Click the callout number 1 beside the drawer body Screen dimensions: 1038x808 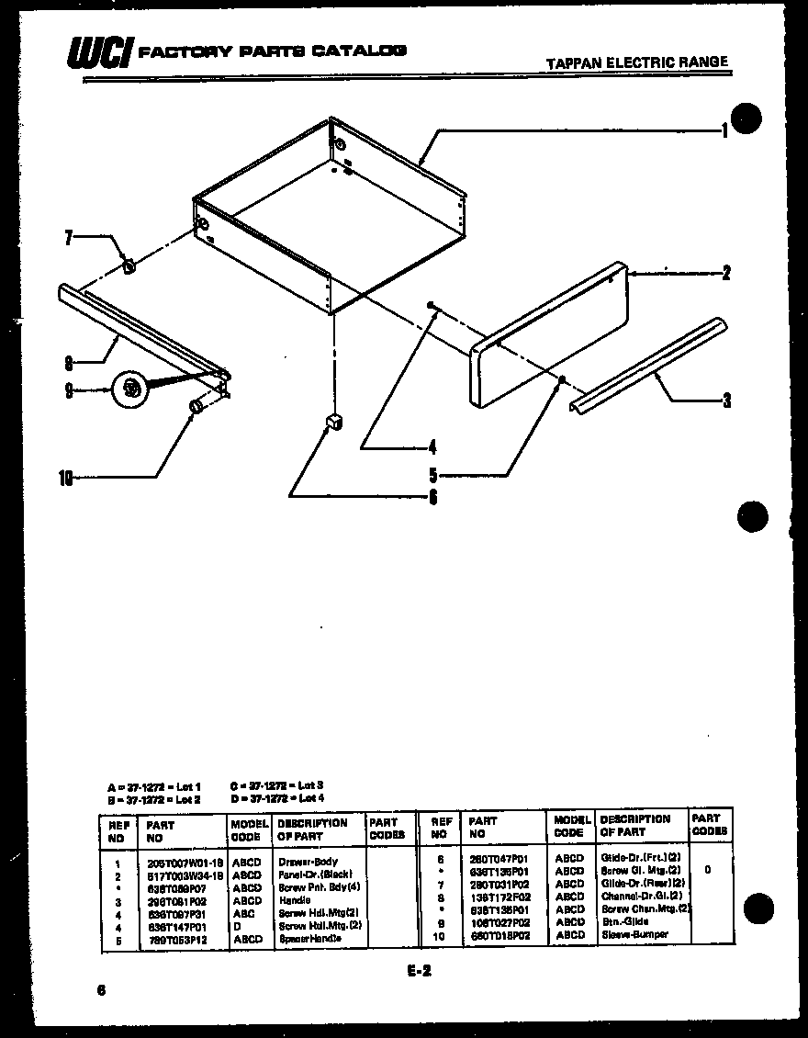point(724,130)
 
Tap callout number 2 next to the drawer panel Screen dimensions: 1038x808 point(725,273)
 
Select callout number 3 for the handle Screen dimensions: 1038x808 point(726,400)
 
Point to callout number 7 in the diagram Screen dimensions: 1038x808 point(67,237)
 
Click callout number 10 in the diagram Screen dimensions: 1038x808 point(64,477)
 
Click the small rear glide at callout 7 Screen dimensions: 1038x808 point(129,266)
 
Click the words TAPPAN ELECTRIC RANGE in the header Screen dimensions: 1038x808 point(636,63)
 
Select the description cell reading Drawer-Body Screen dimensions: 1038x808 point(308,863)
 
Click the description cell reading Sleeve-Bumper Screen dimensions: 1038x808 point(634,934)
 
